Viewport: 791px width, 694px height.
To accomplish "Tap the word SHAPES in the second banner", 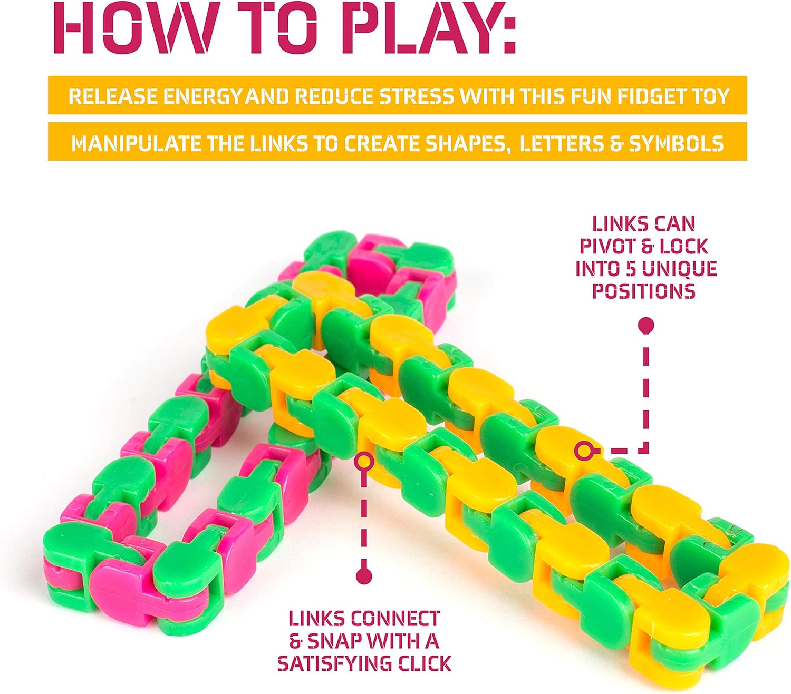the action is pos(467,144).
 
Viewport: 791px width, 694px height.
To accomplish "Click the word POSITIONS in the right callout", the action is pos(644,291).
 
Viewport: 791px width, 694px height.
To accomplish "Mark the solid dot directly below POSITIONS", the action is pos(646,325).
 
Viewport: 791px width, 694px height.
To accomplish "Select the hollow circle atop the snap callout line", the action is pos(364,462).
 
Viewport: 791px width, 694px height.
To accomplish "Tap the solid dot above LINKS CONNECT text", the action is pos(364,576).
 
